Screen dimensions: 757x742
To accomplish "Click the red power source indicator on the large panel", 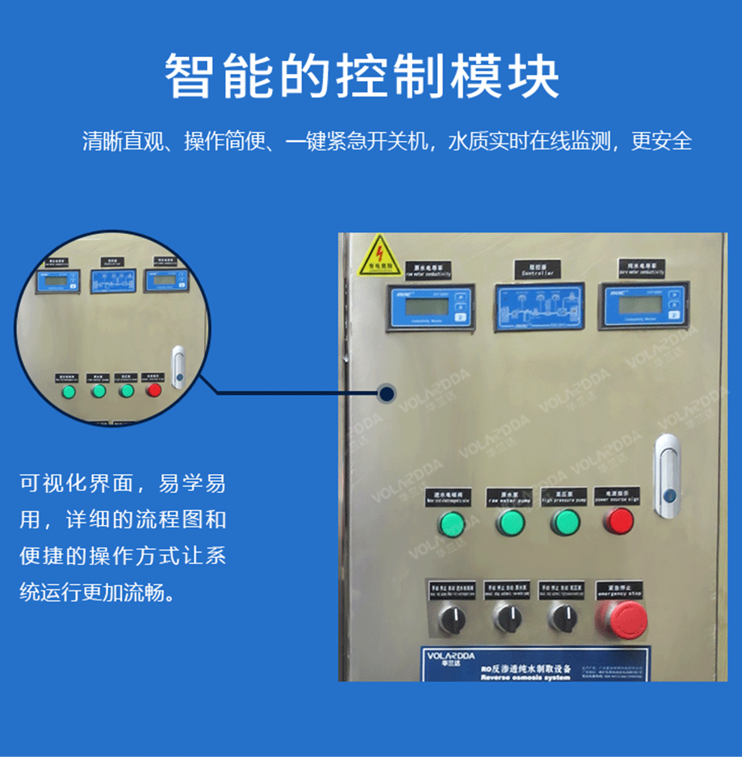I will [x=618, y=520].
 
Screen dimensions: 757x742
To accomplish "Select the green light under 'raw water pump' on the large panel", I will [x=510, y=521].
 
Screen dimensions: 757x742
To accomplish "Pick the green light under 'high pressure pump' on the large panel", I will [x=565, y=521].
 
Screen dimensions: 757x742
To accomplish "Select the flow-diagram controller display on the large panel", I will [x=537, y=308].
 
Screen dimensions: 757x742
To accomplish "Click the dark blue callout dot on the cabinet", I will [x=387, y=392].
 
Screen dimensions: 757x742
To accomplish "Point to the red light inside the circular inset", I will [x=154, y=390].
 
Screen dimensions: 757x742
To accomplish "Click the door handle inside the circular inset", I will [x=178, y=367].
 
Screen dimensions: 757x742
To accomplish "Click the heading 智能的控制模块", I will [x=362, y=77].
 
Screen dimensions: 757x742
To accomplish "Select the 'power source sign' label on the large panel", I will [x=617, y=496].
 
